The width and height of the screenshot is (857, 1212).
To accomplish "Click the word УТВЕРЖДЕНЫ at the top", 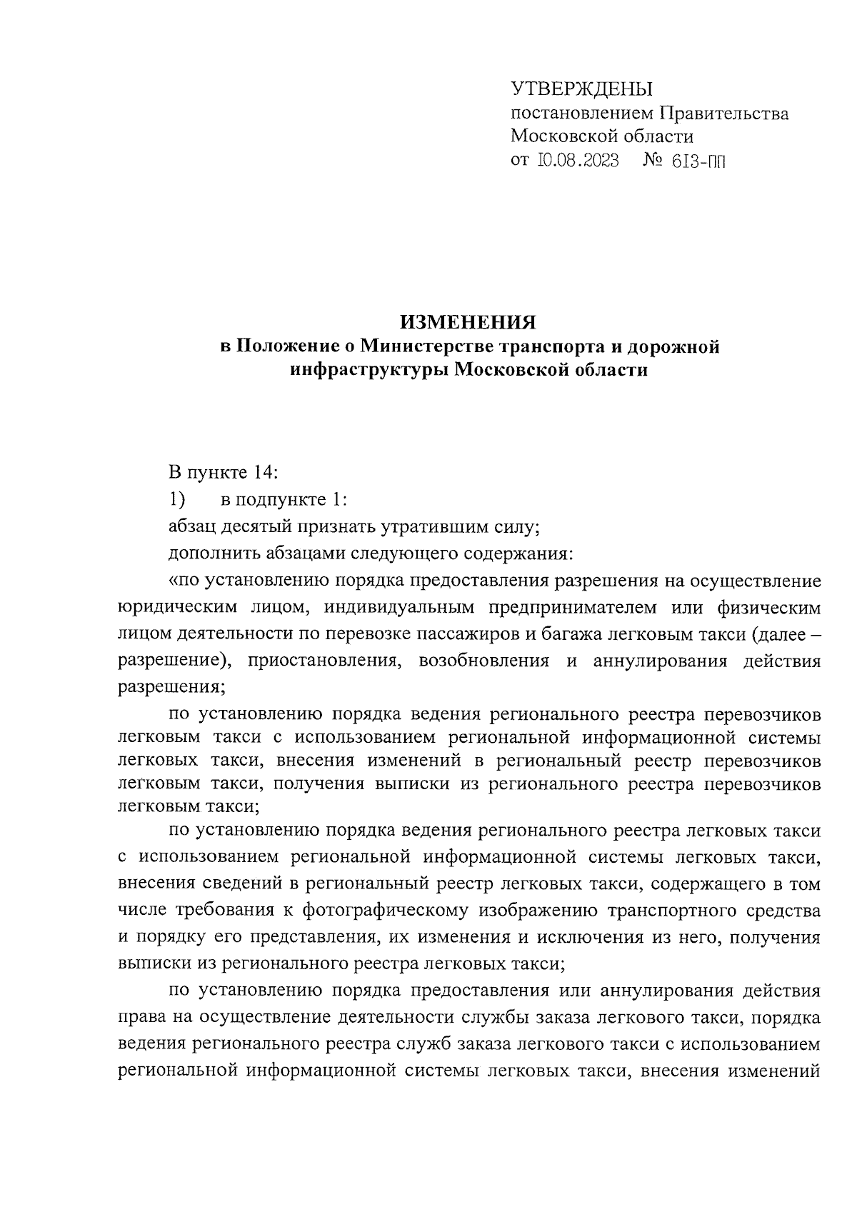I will click(x=582, y=89).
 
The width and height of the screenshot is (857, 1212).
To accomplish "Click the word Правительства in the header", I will click(x=723, y=113).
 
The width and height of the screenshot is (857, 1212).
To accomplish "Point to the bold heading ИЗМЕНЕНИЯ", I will click(x=468, y=322).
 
